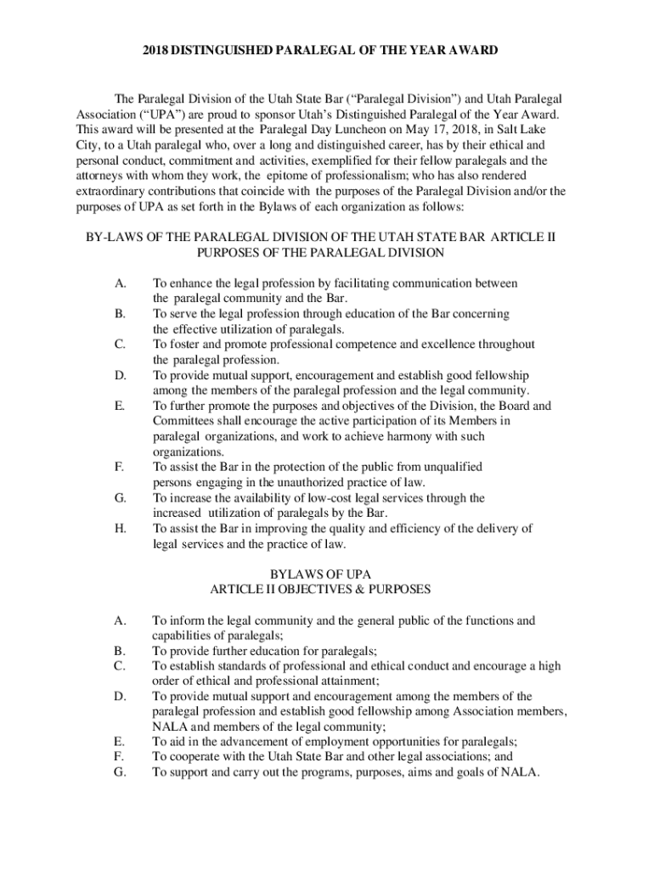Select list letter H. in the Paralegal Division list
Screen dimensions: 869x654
point(120,529)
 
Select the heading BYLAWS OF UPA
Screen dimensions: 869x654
point(320,574)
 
